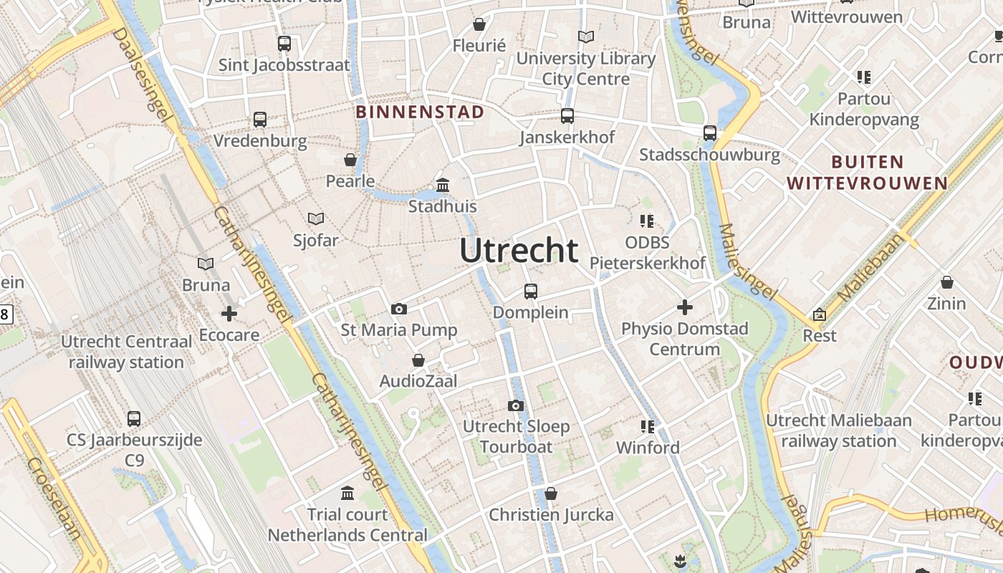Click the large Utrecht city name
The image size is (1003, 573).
tap(519, 251)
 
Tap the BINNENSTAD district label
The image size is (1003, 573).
tap(420, 112)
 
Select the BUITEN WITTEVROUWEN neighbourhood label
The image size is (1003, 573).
tap(868, 173)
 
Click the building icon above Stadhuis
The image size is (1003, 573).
tap(443, 186)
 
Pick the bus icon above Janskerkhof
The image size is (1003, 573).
tap(567, 115)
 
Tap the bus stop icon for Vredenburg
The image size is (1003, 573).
tap(260, 120)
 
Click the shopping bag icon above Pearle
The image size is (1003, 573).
tap(350, 159)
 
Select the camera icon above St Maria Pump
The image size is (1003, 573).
tap(399, 309)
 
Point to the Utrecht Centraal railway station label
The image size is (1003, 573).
tap(126, 352)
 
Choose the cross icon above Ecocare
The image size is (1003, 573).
tap(229, 314)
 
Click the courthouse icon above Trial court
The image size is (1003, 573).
tap(347, 493)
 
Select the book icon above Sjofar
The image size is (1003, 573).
tap(315, 218)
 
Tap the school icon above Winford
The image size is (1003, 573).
tap(648, 427)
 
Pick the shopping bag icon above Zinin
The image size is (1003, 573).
tap(947, 282)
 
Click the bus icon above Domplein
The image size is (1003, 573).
tap(530, 291)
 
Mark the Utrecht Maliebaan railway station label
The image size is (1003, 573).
tap(838, 430)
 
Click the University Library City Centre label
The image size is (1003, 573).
tap(585, 68)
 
